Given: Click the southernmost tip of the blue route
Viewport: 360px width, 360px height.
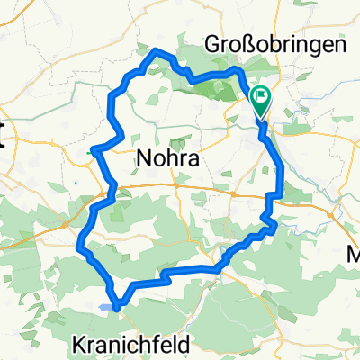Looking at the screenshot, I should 114,307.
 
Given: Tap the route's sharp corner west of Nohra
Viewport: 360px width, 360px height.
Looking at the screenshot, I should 94,150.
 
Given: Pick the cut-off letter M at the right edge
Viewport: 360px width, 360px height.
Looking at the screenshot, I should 354,256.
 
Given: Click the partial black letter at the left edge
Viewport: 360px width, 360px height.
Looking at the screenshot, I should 3,139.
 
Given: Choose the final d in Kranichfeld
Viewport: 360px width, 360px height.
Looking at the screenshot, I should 188,343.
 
